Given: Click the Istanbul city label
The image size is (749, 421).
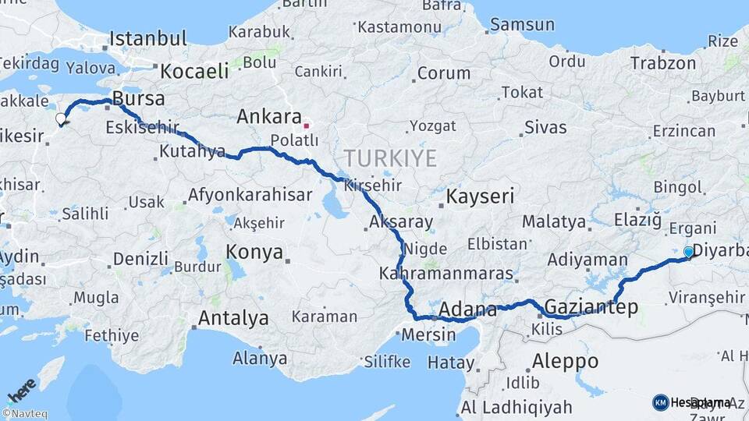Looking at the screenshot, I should tap(148, 38).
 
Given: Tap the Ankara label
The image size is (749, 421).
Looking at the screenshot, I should tap(269, 117).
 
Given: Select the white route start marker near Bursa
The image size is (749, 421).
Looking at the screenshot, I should tap(61, 119).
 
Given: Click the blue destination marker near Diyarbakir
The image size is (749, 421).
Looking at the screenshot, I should tap(687, 252).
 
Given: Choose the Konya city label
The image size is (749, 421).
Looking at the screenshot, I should tap(254, 252).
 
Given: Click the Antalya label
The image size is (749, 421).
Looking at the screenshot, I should tap(233, 318).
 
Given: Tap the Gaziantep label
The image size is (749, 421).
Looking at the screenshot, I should tap(591, 306).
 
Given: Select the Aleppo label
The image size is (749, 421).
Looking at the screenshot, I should tap(565, 361).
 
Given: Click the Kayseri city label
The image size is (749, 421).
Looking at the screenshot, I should tap(480, 196).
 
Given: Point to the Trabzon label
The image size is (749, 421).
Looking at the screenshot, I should tap(662, 63).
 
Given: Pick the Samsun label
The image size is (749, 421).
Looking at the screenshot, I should tap(523, 24).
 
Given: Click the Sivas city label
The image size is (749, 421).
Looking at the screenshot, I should tap(545, 127).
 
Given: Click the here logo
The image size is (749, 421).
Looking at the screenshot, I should tap(20, 389).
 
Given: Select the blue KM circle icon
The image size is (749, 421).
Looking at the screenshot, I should tap(660, 402).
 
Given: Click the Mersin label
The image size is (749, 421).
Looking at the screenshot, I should tap(429, 335).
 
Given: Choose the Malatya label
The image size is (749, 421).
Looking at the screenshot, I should tap(554, 221).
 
